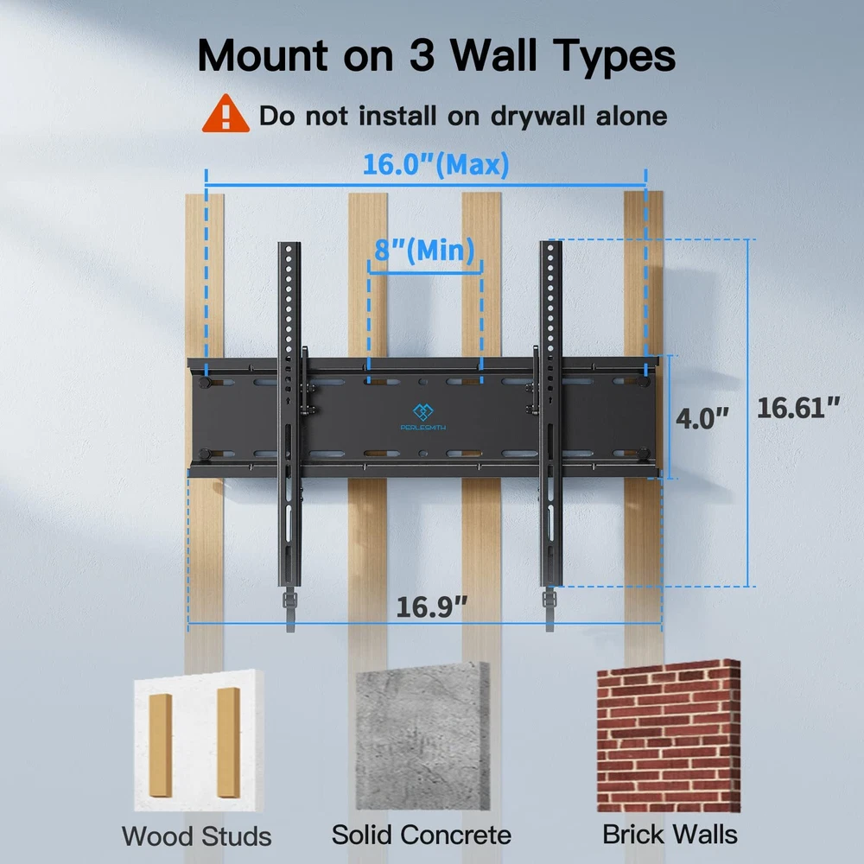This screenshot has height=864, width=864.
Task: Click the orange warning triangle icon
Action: (x=226, y=115)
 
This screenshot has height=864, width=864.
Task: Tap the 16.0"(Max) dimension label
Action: (x=435, y=164)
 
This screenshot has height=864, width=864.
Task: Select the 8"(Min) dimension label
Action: (x=424, y=251)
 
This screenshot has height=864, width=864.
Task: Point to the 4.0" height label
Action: (x=702, y=419)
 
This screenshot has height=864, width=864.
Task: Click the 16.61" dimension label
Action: (x=797, y=409)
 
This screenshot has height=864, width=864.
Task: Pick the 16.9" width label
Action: (x=431, y=607)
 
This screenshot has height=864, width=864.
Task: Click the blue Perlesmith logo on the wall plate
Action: (x=423, y=416)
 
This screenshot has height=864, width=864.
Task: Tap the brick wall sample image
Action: (x=669, y=735)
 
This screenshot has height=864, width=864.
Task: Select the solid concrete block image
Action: (x=422, y=737)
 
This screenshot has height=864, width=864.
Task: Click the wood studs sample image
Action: (x=199, y=740)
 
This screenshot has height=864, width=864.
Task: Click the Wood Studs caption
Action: (x=197, y=836)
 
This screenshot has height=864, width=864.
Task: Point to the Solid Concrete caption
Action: (x=422, y=835)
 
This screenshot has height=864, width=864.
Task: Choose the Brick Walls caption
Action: (x=670, y=835)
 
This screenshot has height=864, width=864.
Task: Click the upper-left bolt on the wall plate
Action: (x=205, y=382)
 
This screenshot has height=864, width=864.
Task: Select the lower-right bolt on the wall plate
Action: (x=643, y=454)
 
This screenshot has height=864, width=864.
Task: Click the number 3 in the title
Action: (x=422, y=55)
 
